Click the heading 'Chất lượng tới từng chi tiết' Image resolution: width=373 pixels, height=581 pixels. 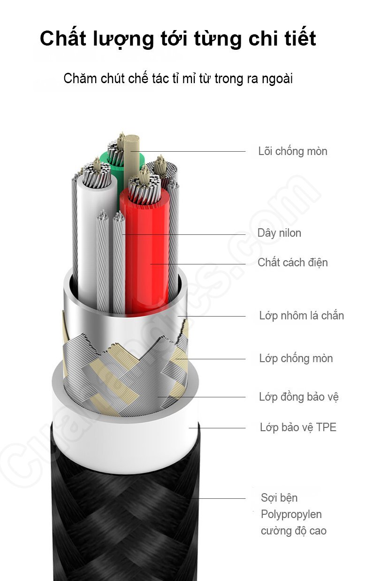[178, 39]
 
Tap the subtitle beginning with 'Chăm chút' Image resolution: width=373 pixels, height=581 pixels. [178, 78]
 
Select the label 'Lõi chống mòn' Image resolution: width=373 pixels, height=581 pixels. [292, 151]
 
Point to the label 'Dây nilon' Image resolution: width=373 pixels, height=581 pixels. [279, 233]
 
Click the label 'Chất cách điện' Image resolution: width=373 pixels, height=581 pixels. [292, 263]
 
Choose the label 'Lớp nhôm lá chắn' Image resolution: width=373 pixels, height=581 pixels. [301, 316]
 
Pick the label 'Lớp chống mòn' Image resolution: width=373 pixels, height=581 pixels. [296, 358]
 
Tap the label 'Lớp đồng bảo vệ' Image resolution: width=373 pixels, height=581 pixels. [298, 397]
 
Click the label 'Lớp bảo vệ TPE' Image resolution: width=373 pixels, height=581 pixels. [298, 427]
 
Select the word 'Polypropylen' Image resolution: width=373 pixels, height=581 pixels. [291, 514]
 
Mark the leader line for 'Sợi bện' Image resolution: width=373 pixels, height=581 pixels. [211, 498]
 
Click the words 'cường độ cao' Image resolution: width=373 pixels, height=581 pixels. [293, 531]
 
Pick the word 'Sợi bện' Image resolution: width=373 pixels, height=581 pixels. [279, 498]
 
